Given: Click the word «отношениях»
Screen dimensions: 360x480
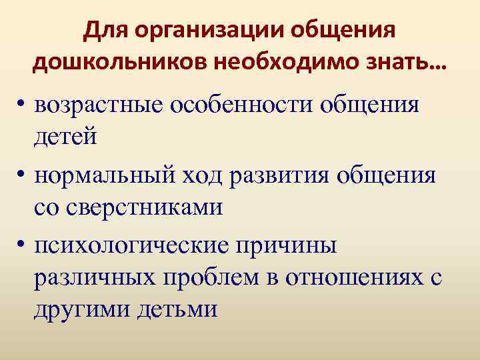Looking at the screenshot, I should pyautogui.click(x=353, y=277).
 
